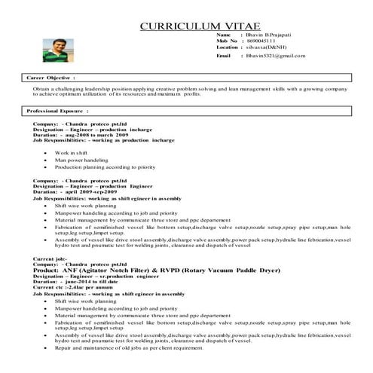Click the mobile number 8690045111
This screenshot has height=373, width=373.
[264, 41]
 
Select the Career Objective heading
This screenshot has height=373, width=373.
[50, 78]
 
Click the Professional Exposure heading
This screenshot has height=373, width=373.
[58, 111]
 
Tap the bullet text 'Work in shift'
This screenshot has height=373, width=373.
[71, 153]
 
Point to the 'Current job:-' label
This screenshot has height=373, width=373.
[45, 259]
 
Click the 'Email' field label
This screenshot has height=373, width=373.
[223, 56]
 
